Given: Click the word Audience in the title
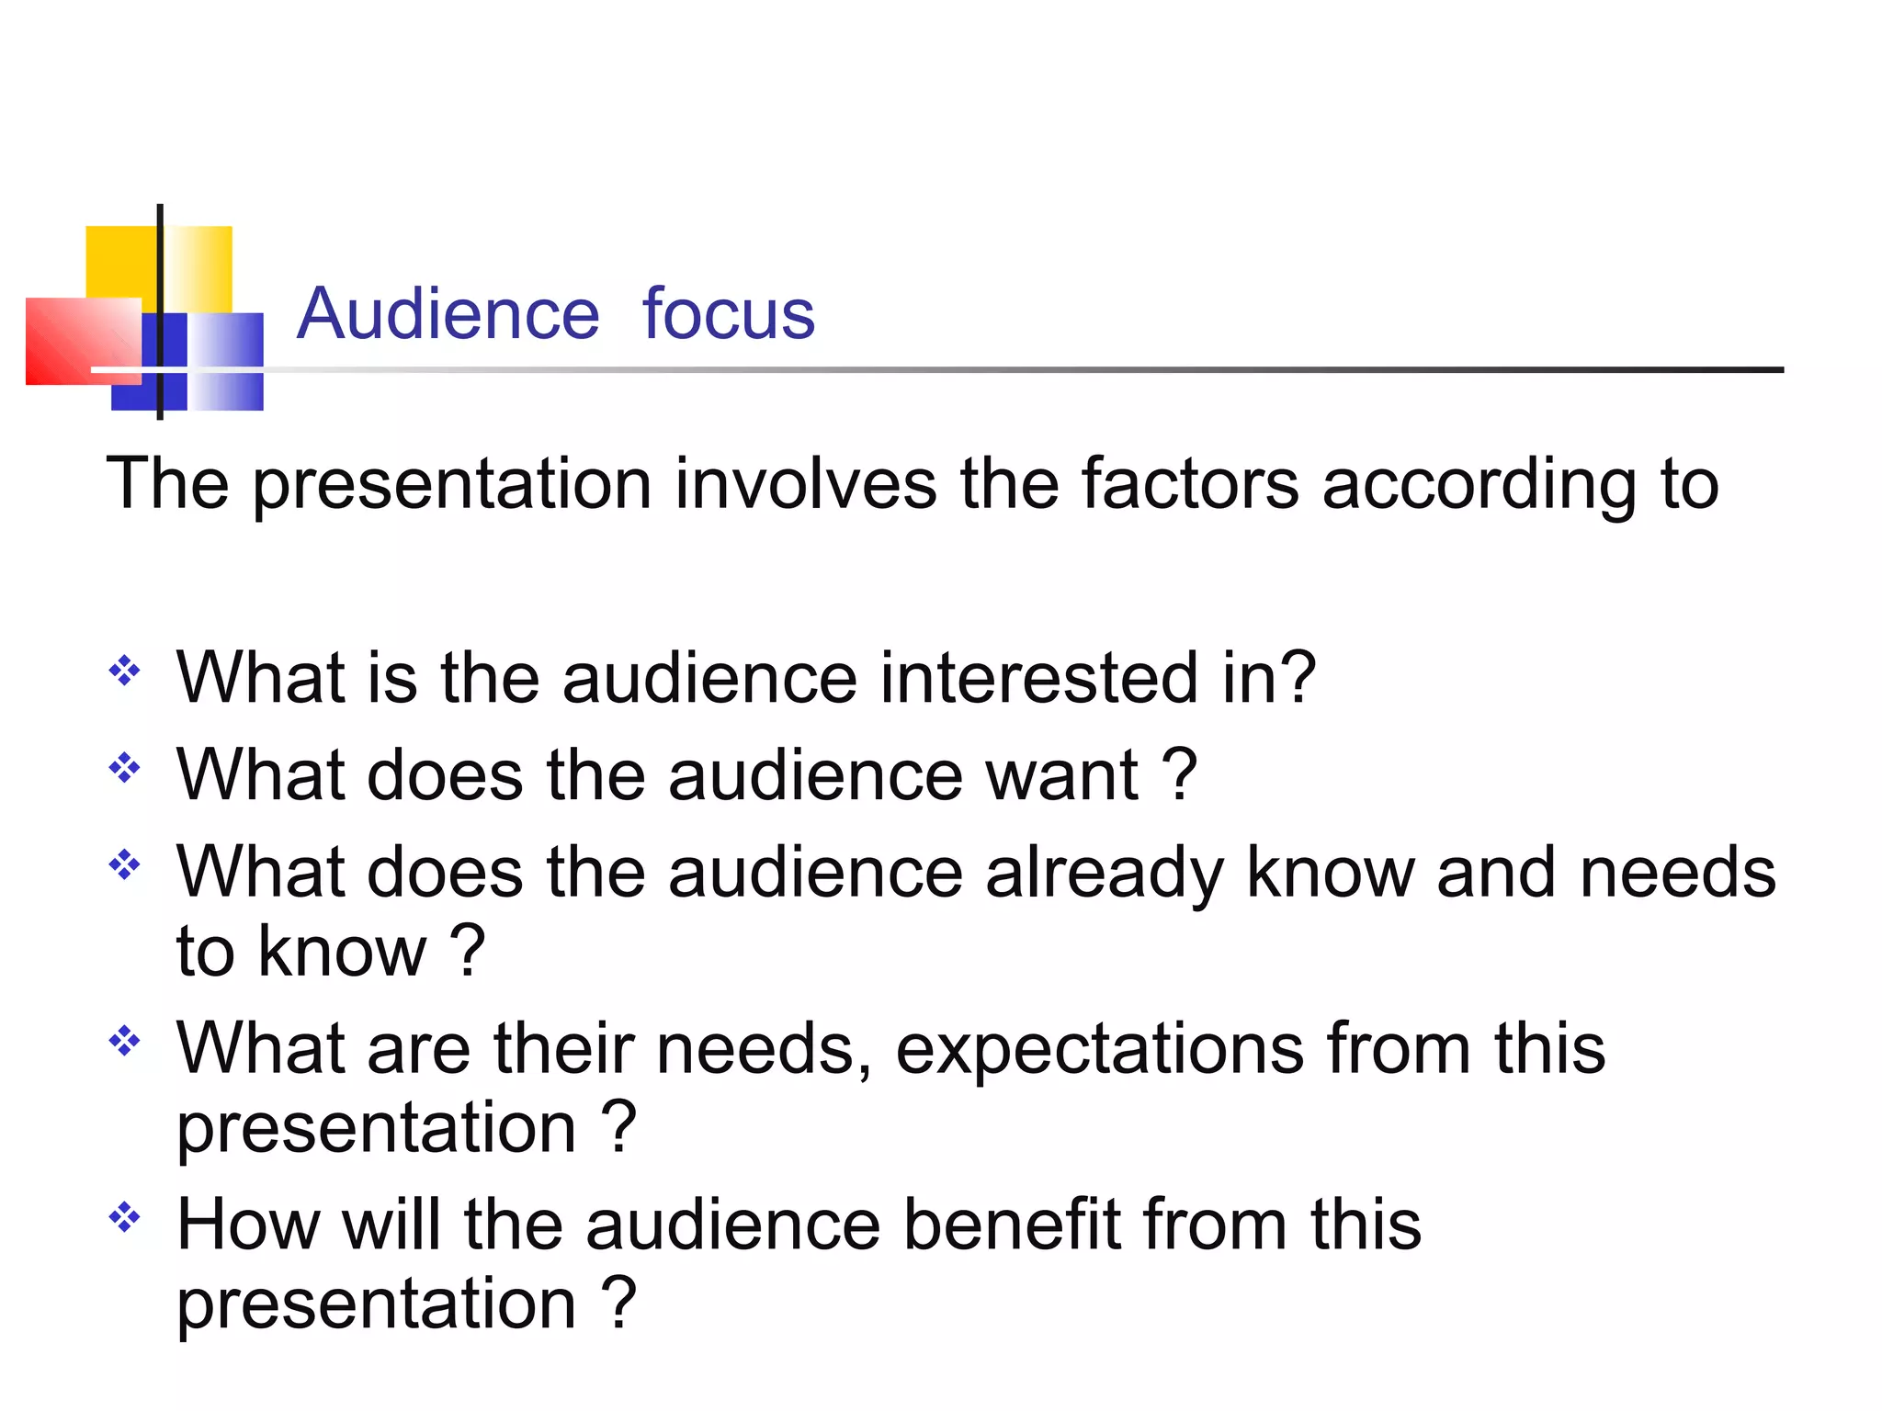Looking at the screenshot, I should tap(448, 314).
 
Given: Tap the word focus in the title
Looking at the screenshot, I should tap(728, 314).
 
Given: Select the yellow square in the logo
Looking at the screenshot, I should tap(121, 262).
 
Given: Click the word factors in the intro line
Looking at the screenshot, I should tap(1189, 483).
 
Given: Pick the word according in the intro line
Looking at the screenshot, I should tap(1480, 485).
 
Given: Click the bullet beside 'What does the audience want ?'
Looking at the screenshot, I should tap(124, 767).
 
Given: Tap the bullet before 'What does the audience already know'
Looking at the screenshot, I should tap(124, 864).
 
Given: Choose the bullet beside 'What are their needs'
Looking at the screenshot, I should tap(124, 1041).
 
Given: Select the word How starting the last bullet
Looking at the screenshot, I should tap(248, 1225).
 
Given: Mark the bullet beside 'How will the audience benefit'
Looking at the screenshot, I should tap(124, 1218).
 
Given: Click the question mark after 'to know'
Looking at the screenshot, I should tap(469, 952).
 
